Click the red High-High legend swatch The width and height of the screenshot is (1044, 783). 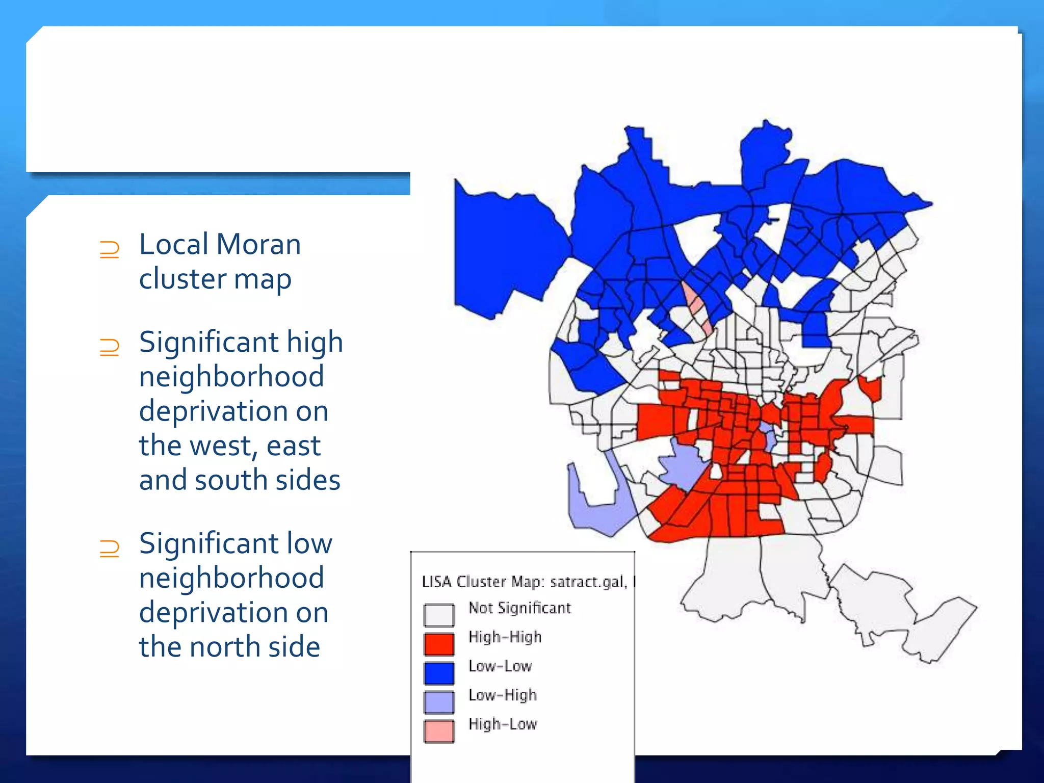439,644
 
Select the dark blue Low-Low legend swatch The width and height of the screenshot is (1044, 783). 439,673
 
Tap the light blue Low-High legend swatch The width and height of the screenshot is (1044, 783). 439,702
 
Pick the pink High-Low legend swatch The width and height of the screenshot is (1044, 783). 439,731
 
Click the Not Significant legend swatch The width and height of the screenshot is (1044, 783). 439,615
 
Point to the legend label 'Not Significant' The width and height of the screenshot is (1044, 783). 519,608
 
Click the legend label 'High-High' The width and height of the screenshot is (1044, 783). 505,637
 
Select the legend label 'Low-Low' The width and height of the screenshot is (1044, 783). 500,666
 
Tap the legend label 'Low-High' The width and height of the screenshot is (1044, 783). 503,695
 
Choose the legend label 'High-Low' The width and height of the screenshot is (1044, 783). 503,724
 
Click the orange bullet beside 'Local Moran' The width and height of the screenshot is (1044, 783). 110,250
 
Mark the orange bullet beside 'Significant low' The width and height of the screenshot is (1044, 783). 110,549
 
